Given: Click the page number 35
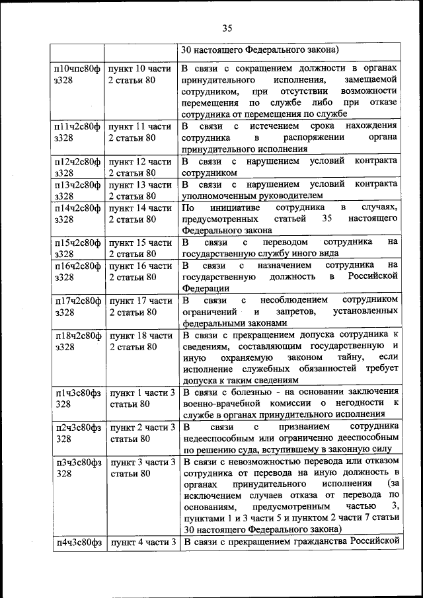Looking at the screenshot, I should coord(227,28).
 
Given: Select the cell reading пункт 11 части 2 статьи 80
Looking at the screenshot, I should coord(140,131).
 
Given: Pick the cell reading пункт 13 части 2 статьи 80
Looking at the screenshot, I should coord(140,190).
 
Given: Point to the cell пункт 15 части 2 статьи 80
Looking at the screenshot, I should coord(140,248).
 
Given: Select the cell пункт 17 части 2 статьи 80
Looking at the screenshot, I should coord(140,307).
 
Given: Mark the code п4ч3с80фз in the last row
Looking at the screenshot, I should coord(77,543).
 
